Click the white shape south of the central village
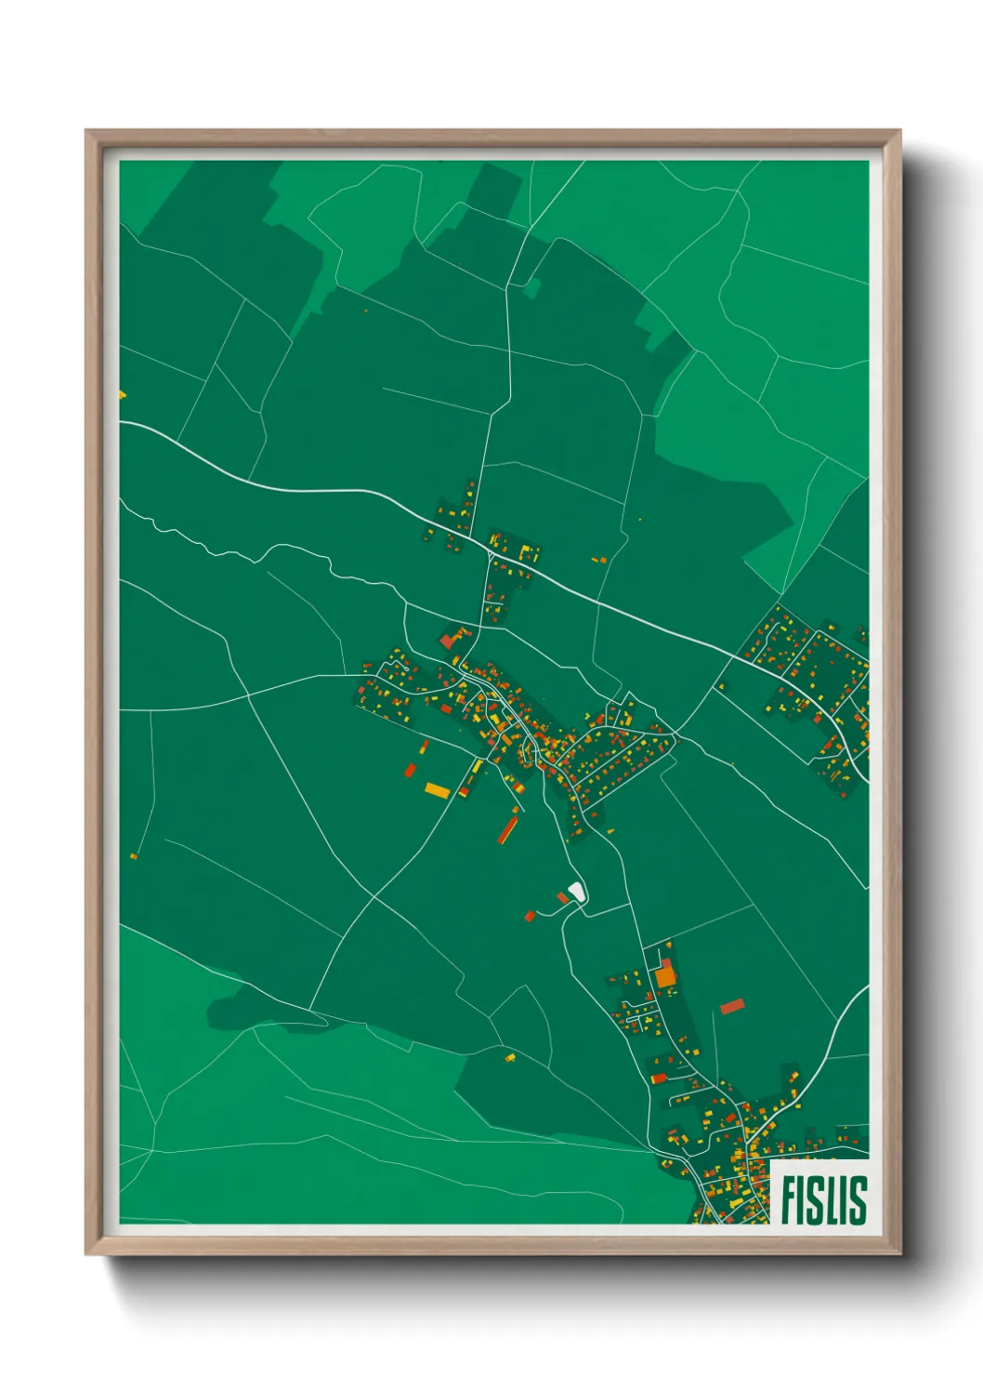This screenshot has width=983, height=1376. pos(576,893)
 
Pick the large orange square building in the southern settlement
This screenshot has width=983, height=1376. pos(665,977)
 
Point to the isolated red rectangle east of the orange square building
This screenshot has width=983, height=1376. pos(732,1006)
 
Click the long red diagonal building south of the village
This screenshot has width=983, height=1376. pos(507,827)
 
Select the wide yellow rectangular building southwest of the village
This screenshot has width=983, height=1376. pos(437,790)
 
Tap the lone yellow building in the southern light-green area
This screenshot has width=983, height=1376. pos(510,1057)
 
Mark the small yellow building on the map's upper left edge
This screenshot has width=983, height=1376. pos(122,395)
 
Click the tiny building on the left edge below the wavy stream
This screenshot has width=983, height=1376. pos(134,855)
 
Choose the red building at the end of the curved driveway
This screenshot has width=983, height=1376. pos(531,916)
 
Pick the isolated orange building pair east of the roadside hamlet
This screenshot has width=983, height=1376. pos(599,560)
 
